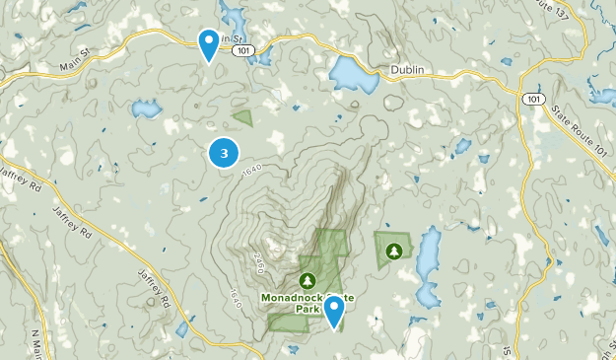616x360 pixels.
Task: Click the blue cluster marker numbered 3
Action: pos(225,153)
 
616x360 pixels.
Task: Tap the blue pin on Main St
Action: pos(208,43)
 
